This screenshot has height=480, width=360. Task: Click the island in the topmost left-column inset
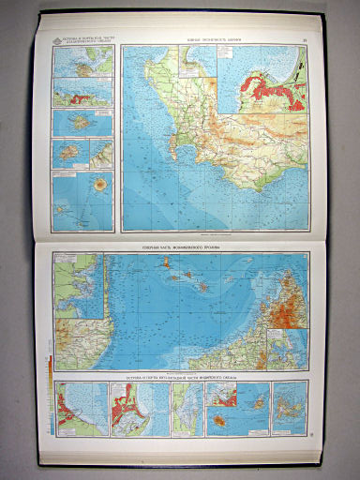click(x=82, y=67)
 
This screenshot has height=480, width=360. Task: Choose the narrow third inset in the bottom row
click(x=185, y=408)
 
